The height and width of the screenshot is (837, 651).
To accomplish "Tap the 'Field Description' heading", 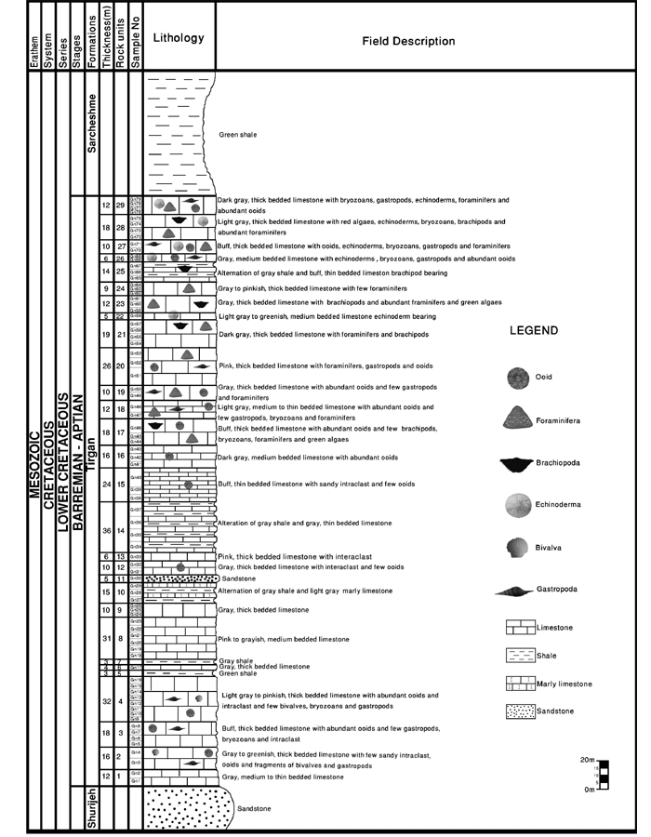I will pyautogui.click(x=408, y=41).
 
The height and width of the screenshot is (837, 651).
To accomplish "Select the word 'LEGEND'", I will pyautogui.click(x=534, y=331).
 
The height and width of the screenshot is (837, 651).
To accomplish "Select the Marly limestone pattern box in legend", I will pyautogui.click(x=520, y=684).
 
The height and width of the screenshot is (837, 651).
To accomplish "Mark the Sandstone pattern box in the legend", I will pyautogui.click(x=520, y=711).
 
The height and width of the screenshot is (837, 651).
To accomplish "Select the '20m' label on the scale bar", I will pyautogui.click(x=587, y=760).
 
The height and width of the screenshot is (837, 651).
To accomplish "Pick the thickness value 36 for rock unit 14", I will pyautogui.click(x=107, y=531).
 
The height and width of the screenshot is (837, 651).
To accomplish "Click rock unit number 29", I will pyautogui.click(x=121, y=205).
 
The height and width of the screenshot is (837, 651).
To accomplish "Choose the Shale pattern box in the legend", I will pyautogui.click(x=520, y=656).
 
